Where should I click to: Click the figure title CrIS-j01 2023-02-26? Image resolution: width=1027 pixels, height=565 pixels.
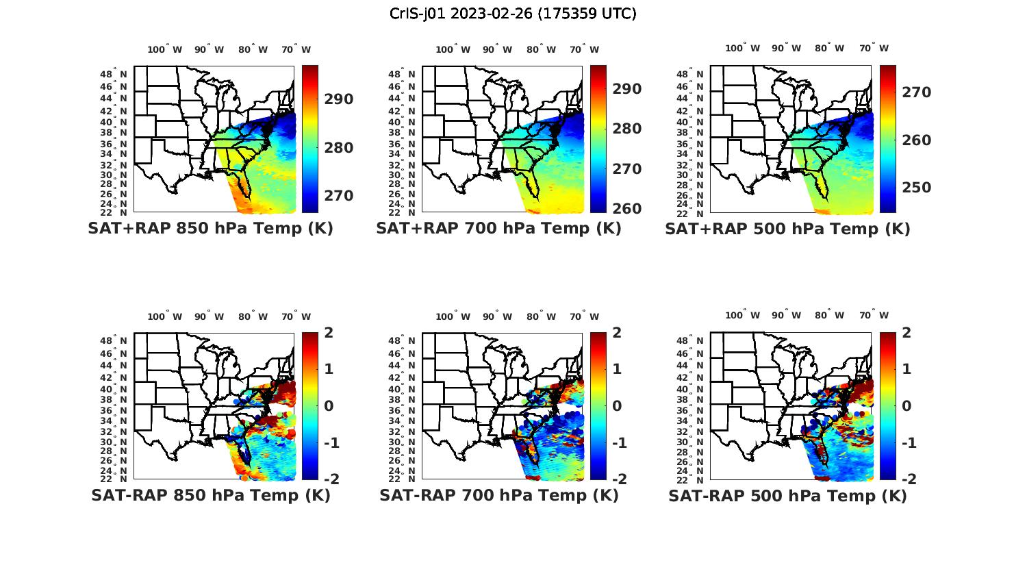click(x=513, y=13)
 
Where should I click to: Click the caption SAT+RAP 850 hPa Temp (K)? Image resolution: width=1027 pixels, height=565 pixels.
click(x=210, y=229)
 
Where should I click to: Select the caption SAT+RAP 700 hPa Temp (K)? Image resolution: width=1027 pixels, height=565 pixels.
click(x=498, y=229)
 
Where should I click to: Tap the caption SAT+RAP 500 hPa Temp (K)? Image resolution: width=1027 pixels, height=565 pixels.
click(x=787, y=229)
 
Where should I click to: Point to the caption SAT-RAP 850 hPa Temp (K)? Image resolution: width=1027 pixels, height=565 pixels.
click(x=210, y=496)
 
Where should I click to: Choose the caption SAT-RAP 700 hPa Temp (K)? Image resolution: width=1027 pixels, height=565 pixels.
click(x=498, y=496)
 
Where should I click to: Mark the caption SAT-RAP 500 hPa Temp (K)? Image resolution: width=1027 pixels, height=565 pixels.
click(x=787, y=496)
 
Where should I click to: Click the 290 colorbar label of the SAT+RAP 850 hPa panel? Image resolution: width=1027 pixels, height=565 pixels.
click(x=339, y=99)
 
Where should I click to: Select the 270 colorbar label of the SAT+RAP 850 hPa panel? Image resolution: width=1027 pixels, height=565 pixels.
click(x=339, y=196)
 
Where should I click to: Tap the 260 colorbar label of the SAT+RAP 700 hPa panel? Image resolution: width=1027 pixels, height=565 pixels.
click(x=627, y=208)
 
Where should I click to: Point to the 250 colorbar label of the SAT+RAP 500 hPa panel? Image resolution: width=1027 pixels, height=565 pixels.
click(x=916, y=188)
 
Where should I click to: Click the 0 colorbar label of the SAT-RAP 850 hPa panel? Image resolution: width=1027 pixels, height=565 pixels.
click(x=329, y=406)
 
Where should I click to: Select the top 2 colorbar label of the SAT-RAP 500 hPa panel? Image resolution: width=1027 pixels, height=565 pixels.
click(x=906, y=333)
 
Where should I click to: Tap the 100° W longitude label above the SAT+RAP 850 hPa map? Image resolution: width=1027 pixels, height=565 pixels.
click(x=164, y=49)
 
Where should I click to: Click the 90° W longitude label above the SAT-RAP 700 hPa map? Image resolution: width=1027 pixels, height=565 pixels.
click(x=497, y=316)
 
